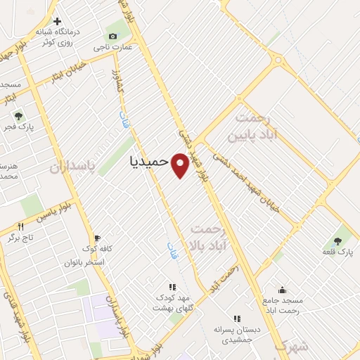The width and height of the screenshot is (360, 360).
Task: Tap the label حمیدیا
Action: pyautogui.click(x=150, y=161)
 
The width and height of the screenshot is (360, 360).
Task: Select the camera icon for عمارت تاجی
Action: pyautogui.click(x=112, y=37)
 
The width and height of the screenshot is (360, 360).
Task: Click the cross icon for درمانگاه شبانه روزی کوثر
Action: pyautogui.click(x=58, y=21)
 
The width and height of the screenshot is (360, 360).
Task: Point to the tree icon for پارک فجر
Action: pyautogui.click(x=18, y=115)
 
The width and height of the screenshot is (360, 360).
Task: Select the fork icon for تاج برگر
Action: pyautogui.click(x=21, y=226)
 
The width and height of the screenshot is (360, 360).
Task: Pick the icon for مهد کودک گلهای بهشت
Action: pyautogui.click(x=172, y=286)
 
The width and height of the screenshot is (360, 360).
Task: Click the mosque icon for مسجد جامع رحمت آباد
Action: pyautogui.click(x=282, y=290)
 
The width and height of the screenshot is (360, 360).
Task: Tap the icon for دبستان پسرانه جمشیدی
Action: pyautogui.click(x=237, y=318)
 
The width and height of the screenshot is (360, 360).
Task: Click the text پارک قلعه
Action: pyautogui.click(x=338, y=251)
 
